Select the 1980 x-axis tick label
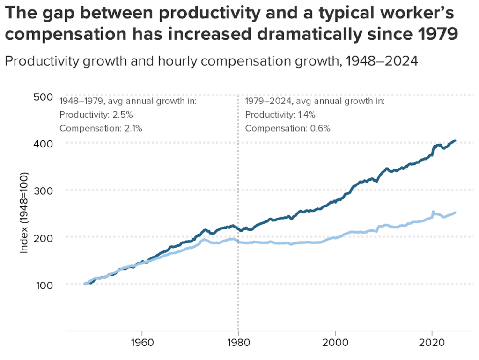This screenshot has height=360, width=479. [x=238, y=342]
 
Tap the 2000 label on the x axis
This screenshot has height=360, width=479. [x=335, y=342]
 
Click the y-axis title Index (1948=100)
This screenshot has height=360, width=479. [x=24, y=213]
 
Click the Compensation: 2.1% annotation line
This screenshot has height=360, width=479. [x=101, y=128]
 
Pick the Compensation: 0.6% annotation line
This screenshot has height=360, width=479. [x=287, y=128]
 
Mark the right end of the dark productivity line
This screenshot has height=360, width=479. [x=455, y=140]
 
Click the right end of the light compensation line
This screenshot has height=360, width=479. [x=455, y=213]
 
